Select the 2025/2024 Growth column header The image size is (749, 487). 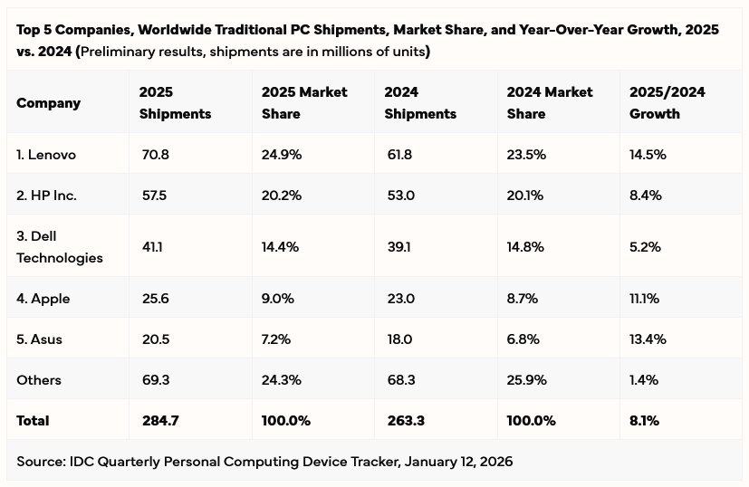[x=667, y=103]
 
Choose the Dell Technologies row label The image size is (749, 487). [x=60, y=247]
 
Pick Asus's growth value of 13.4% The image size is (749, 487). [x=648, y=339]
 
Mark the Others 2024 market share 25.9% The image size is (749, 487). [x=527, y=380]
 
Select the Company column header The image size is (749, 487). [x=48, y=103]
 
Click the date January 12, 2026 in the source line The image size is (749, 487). [x=458, y=462]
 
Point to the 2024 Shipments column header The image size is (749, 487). [x=420, y=103]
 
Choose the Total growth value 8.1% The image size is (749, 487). [x=644, y=421]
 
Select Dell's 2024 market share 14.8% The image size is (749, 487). [x=526, y=247]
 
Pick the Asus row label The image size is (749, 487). [x=39, y=339]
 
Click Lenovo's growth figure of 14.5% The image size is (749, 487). [x=648, y=155]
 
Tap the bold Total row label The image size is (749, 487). [x=33, y=421]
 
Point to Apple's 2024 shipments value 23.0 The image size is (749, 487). [x=399, y=299]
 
